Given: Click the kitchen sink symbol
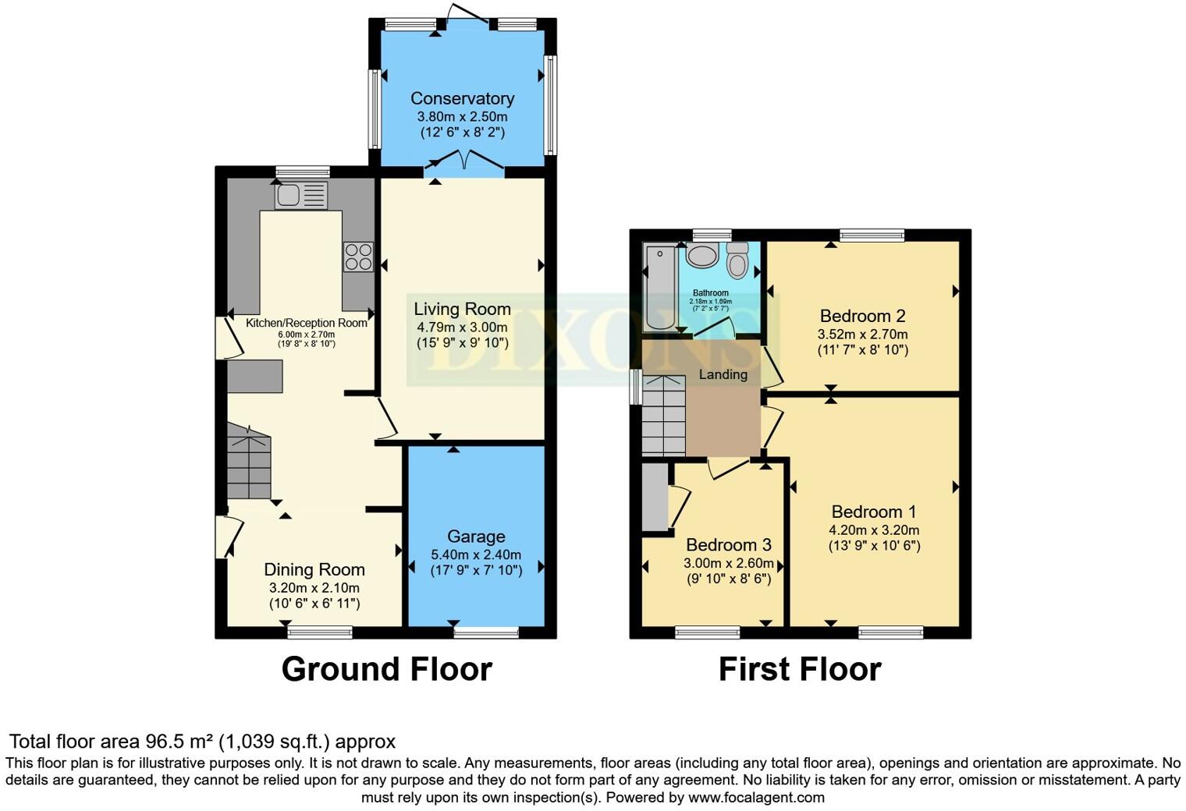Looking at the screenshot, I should click(300, 195).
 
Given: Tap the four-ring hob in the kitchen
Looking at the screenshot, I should click(358, 257).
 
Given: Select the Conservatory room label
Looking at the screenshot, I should click(462, 98).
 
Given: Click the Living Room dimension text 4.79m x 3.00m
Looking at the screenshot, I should click(462, 327).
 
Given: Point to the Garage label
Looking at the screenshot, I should click(476, 537).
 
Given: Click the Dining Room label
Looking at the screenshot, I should click(314, 569).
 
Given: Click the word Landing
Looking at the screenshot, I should click(723, 374).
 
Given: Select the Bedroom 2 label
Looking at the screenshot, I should click(862, 316).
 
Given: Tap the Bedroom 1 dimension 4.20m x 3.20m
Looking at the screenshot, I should click(874, 529).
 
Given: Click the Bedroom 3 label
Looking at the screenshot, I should click(728, 544).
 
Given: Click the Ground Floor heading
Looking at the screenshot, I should click(386, 669).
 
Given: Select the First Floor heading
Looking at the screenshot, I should click(799, 669).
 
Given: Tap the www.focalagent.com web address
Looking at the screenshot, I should click(756, 797).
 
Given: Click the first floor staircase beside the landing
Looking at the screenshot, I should click(663, 417).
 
